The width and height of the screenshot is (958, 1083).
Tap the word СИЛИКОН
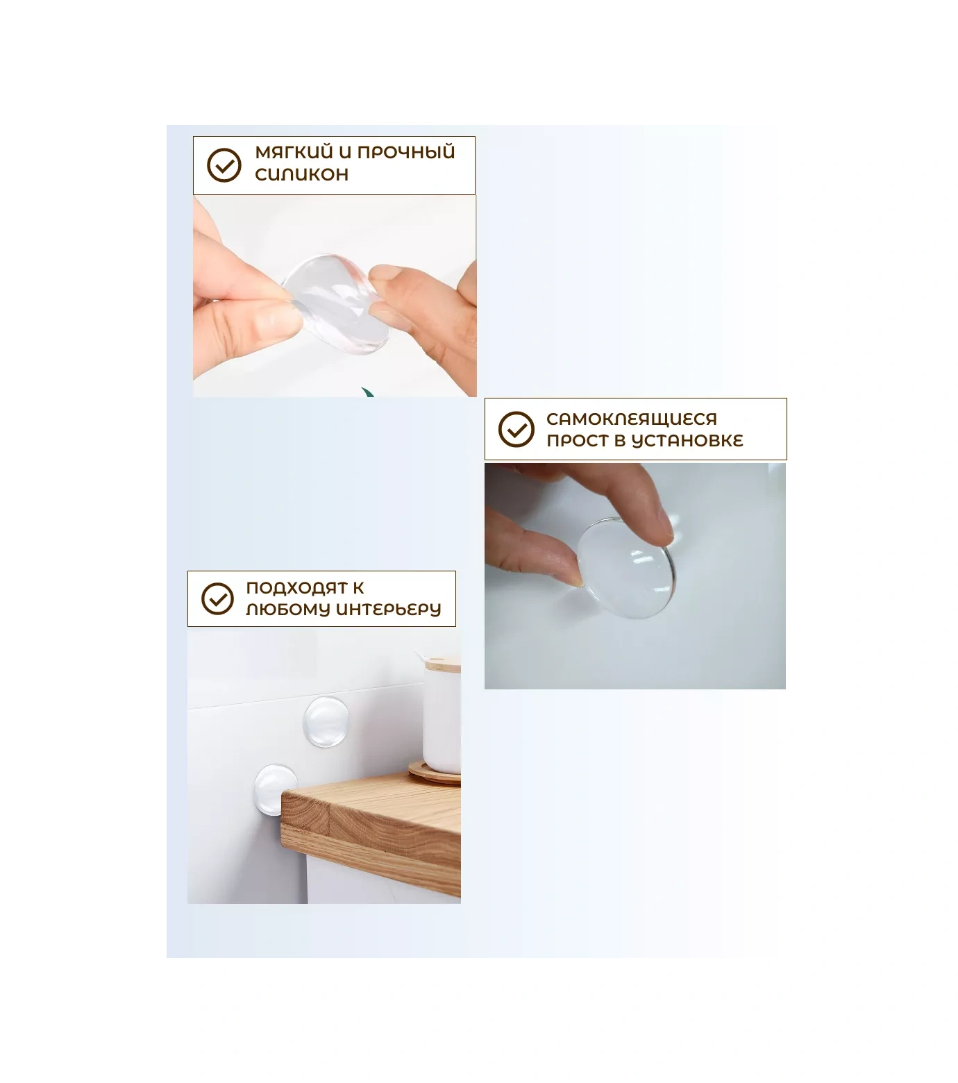click(x=301, y=174)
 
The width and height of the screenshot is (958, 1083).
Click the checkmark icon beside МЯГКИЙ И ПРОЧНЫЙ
click(x=224, y=165)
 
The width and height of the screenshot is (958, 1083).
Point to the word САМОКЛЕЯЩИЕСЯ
click(x=631, y=419)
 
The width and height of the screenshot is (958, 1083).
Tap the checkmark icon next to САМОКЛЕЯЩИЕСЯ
click(x=516, y=429)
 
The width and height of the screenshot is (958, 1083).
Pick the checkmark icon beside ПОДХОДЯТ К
click(x=218, y=598)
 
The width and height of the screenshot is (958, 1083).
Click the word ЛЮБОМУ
click(x=288, y=610)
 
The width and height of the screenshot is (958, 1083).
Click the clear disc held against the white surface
click(x=625, y=566)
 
